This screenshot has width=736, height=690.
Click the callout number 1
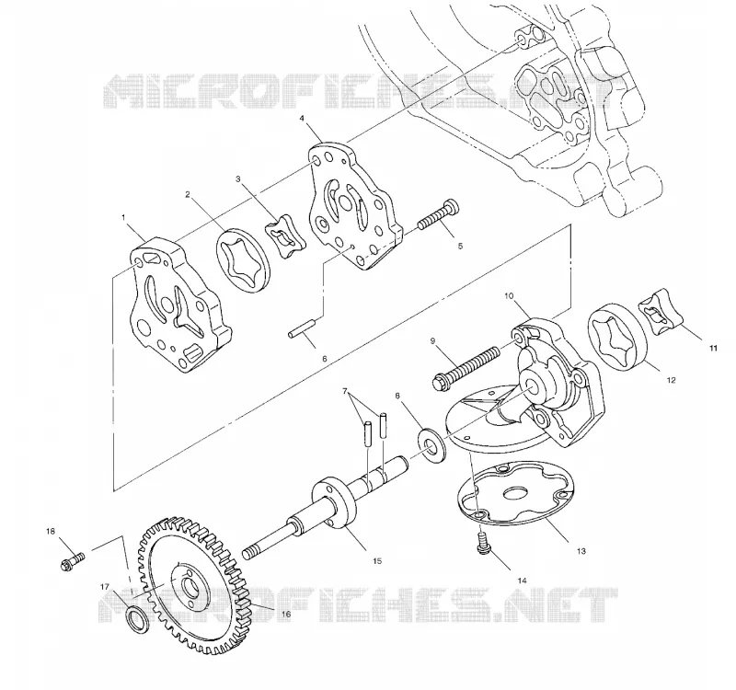[123, 217]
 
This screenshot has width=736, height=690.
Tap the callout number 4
[302, 119]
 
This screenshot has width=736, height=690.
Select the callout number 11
[713, 348]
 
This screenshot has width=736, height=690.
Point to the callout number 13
[581, 551]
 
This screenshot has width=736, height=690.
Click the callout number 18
[51, 532]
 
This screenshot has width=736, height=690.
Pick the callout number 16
[285, 614]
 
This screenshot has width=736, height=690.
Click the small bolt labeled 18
[73, 560]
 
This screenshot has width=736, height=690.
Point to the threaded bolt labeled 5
[438, 214]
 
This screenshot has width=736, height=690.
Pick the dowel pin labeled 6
[304, 328]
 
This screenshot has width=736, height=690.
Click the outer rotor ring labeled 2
[244, 260]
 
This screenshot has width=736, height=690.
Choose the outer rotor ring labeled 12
[617, 338]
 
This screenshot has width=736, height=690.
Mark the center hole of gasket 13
[516, 493]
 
